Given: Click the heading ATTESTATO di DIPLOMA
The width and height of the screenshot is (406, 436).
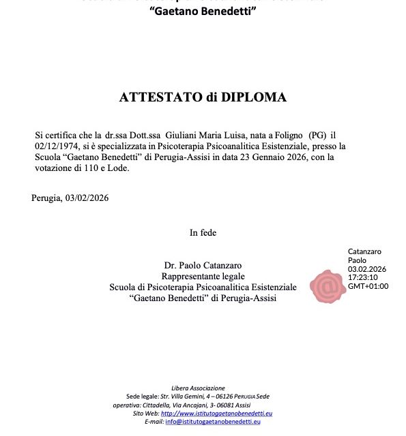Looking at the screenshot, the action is [203, 97].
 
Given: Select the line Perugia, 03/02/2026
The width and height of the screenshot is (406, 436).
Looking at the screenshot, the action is [70, 198].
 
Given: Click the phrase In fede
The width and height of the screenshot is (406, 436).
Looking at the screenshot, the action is [203, 233].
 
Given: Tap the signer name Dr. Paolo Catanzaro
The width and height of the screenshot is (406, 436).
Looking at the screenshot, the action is [203, 265].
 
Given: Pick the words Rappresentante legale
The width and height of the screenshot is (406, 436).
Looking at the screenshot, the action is [203, 276].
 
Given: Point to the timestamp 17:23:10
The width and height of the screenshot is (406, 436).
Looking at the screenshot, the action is [362, 277].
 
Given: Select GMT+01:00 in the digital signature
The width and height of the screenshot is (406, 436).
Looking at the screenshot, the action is [368, 286].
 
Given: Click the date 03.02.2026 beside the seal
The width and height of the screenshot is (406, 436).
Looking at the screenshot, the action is [367, 268].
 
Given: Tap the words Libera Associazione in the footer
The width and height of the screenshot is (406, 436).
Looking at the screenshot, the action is [198, 388].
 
